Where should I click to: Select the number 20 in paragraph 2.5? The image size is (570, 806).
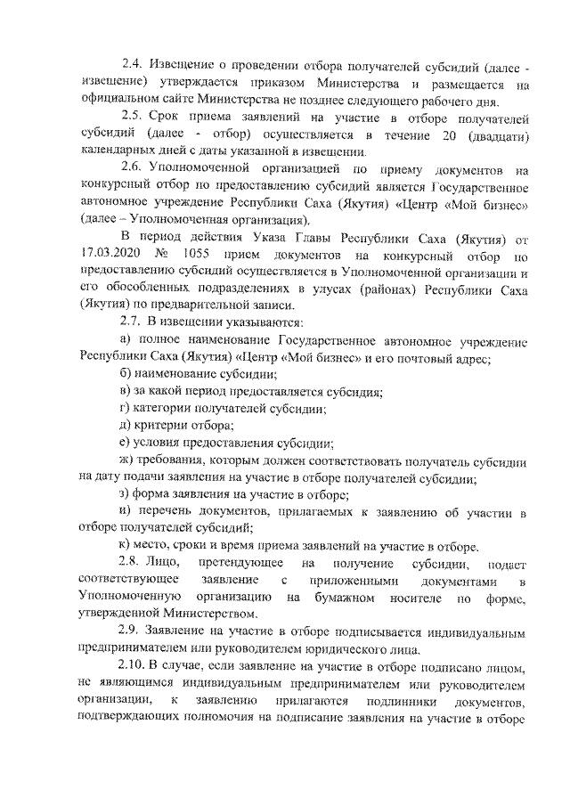[444, 134]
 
